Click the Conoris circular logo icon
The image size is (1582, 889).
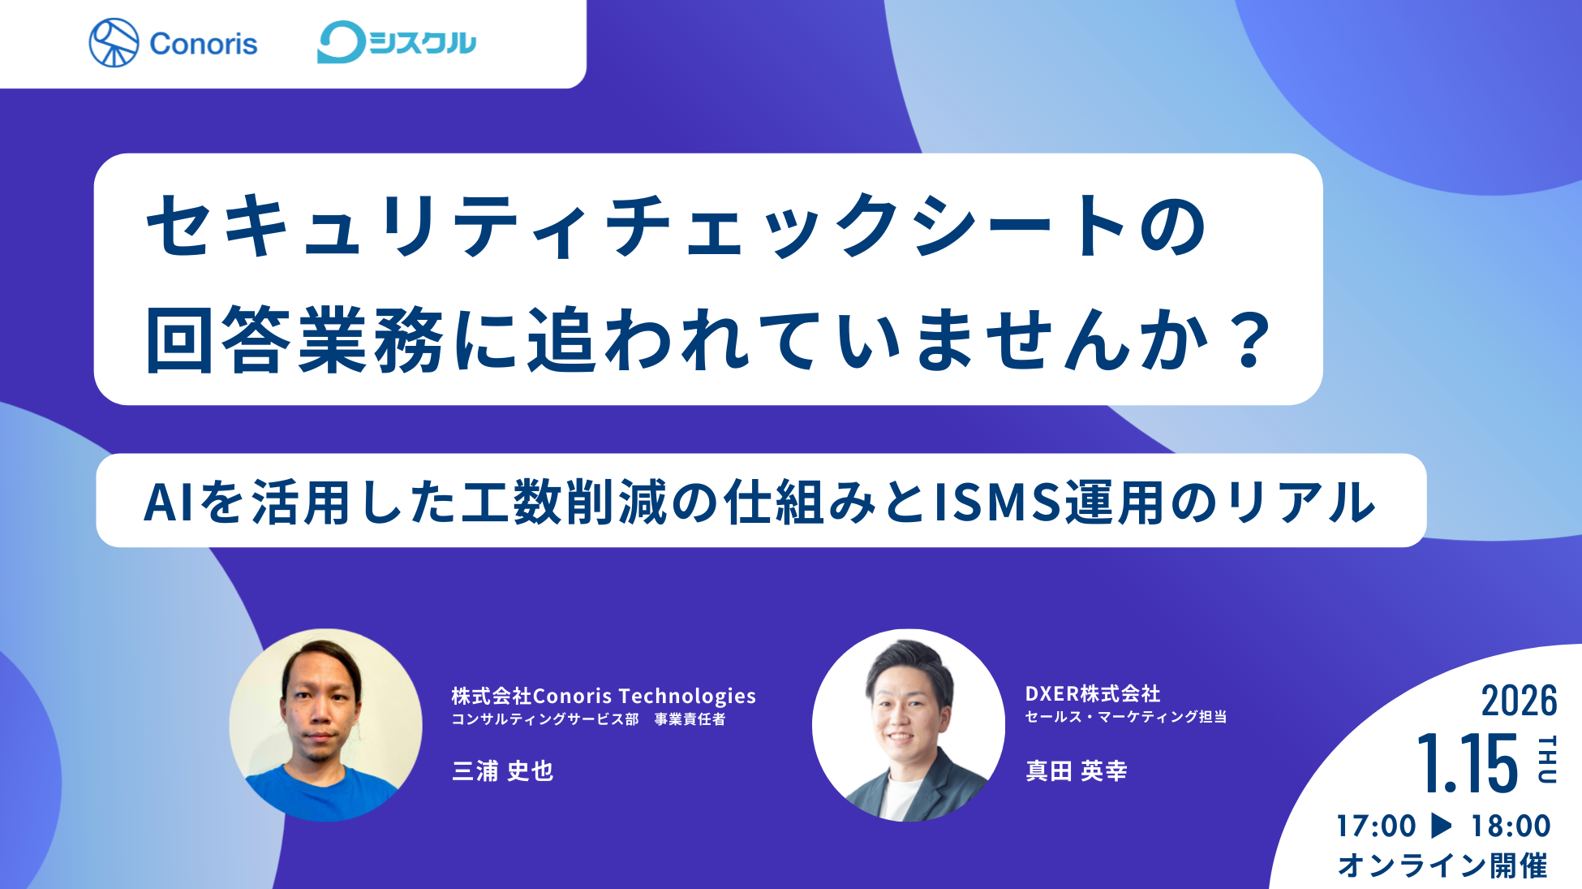(x=114, y=43)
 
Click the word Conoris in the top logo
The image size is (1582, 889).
(x=203, y=44)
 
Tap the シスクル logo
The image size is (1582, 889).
(x=397, y=42)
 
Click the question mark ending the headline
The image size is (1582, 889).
(x=1249, y=339)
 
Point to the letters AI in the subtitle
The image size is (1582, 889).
(x=169, y=502)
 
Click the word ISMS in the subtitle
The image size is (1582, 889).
(x=998, y=502)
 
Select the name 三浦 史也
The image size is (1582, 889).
(x=502, y=770)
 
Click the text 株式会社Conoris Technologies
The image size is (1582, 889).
(x=604, y=696)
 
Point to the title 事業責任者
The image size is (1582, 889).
(x=690, y=719)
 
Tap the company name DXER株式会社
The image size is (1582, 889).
(x=1092, y=693)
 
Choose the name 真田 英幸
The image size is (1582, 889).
(x=1076, y=770)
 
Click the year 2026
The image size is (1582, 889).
(x=1519, y=700)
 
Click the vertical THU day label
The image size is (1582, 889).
(x=1547, y=759)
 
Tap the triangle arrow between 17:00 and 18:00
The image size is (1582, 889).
(x=1442, y=825)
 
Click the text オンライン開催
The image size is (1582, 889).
(x=1442, y=865)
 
